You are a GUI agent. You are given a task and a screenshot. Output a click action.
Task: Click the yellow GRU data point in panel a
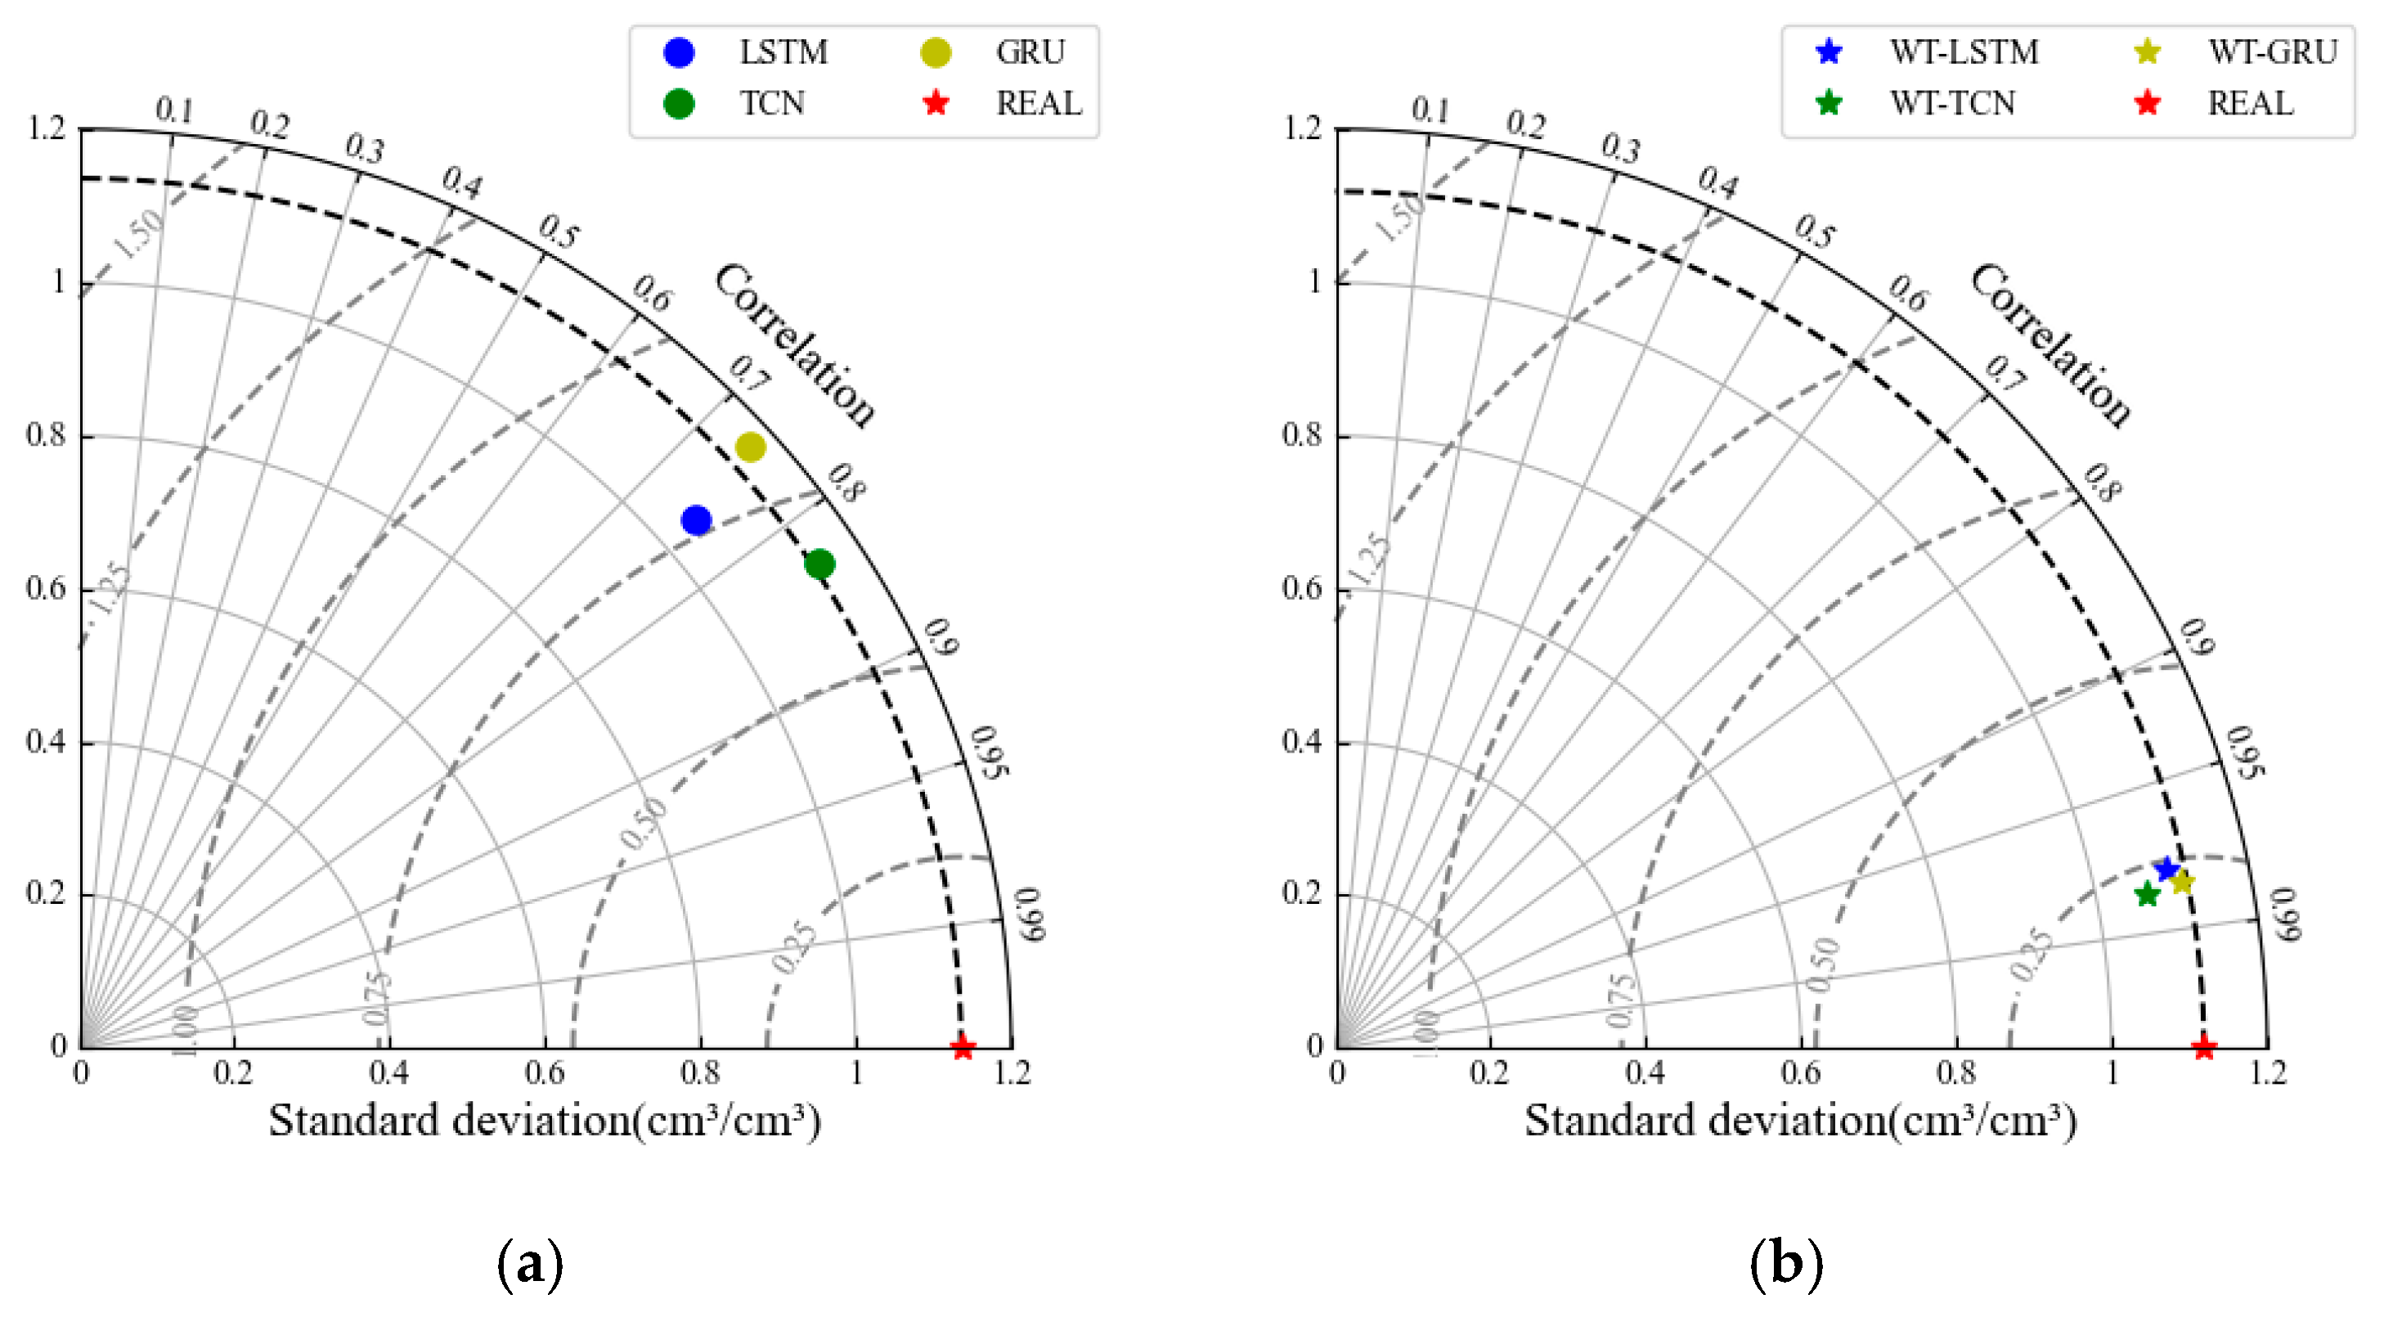point(750,447)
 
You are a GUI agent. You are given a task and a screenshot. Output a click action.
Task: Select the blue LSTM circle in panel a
point(696,520)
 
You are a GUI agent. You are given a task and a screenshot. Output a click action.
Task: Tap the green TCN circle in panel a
point(819,564)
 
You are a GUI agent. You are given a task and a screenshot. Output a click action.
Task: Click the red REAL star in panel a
point(963,1048)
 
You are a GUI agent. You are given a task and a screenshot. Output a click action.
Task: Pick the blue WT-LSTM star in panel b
point(2166,868)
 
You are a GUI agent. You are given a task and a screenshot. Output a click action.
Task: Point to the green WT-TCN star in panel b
point(2147,894)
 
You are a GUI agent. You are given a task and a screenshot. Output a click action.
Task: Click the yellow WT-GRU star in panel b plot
point(2182,881)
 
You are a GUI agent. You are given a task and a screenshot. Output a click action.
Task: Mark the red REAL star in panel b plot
point(2203,1048)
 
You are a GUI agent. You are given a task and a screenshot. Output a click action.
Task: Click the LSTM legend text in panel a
point(783,52)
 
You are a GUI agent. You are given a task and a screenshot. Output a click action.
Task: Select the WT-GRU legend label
point(2272,52)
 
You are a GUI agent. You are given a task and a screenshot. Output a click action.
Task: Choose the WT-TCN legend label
point(1952,104)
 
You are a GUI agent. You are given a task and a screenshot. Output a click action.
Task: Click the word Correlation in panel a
point(794,344)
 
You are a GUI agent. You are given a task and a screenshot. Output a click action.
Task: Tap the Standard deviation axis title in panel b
point(1800,1121)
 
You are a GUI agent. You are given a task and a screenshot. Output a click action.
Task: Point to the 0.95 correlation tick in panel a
point(990,752)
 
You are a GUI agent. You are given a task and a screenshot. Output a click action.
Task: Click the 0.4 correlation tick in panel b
point(1717,182)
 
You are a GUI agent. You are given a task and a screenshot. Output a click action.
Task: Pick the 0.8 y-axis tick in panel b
point(1301,434)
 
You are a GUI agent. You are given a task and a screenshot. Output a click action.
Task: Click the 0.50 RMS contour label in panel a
point(643,823)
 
